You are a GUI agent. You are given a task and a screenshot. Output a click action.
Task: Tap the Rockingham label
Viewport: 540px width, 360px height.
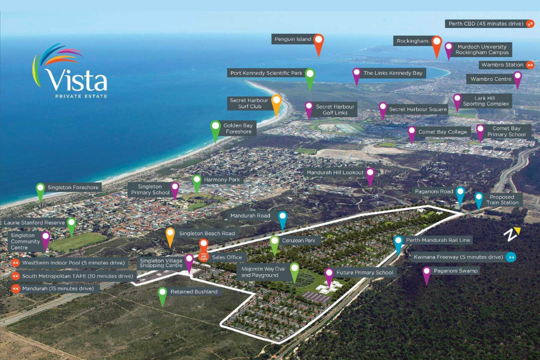(412, 41)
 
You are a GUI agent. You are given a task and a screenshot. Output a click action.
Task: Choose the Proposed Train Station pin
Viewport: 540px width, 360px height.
(478, 199)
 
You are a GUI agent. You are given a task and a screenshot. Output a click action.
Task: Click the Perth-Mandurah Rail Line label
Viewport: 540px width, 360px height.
(431, 240)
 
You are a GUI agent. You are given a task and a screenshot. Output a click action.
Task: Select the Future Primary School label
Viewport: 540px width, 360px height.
(365, 273)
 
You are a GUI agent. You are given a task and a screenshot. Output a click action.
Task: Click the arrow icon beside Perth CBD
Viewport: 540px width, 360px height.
(530, 24)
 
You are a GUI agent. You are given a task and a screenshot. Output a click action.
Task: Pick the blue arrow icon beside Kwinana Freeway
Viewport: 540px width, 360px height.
(510, 257)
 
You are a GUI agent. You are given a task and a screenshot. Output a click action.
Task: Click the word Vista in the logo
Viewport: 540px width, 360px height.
(76, 80)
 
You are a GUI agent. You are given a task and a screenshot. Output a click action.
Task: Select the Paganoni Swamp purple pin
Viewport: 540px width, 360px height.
(426, 273)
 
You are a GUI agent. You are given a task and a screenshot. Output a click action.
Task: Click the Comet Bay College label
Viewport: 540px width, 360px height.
(443, 132)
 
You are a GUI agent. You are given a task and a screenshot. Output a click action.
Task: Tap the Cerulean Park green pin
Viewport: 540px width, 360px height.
(274, 244)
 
